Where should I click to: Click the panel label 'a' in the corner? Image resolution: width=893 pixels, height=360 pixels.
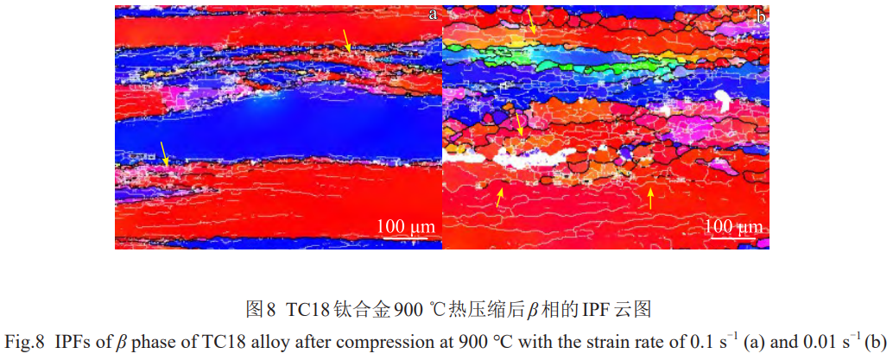[432, 15]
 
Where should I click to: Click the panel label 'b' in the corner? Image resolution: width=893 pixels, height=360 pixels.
[760, 16]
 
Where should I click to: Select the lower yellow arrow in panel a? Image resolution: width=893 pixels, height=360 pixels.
[163, 154]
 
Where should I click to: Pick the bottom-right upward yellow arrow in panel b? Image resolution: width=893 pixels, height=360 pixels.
[650, 199]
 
